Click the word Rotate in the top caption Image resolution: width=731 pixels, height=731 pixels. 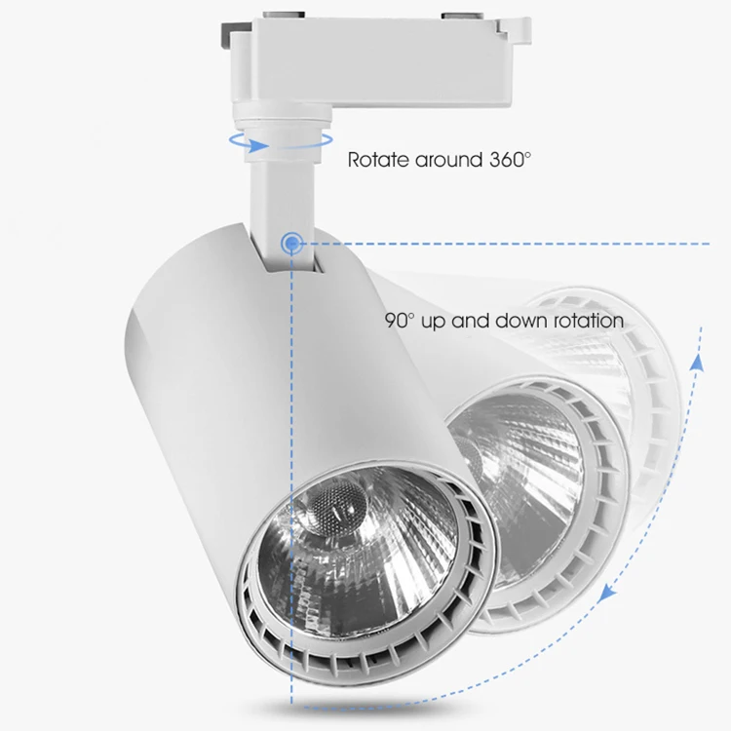click(x=378, y=159)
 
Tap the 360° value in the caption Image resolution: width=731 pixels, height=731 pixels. click(x=508, y=158)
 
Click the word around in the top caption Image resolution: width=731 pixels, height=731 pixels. click(x=446, y=159)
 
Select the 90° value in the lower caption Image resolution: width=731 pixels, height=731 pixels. click(x=400, y=320)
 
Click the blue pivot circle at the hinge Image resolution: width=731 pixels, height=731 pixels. click(x=290, y=243)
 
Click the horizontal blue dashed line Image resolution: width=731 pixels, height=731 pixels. click(x=507, y=243)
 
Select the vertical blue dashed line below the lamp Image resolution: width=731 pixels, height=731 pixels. click(x=290, y=663)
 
